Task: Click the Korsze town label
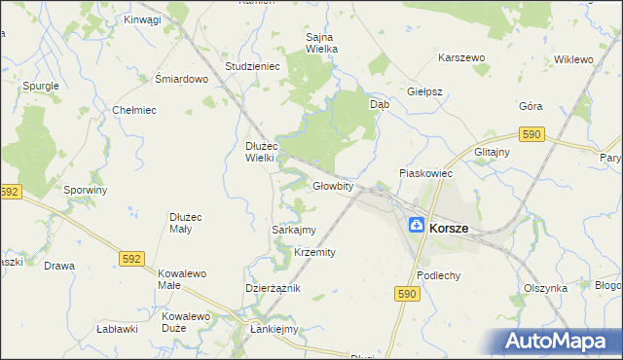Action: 448,228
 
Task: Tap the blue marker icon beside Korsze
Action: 416,226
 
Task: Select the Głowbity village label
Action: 332,186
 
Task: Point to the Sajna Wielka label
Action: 313,44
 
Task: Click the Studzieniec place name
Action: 252,66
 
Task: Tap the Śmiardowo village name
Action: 182,80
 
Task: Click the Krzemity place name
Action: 314,252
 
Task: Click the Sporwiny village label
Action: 85,190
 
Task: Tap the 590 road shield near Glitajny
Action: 531,135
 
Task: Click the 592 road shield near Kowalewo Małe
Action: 133,259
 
